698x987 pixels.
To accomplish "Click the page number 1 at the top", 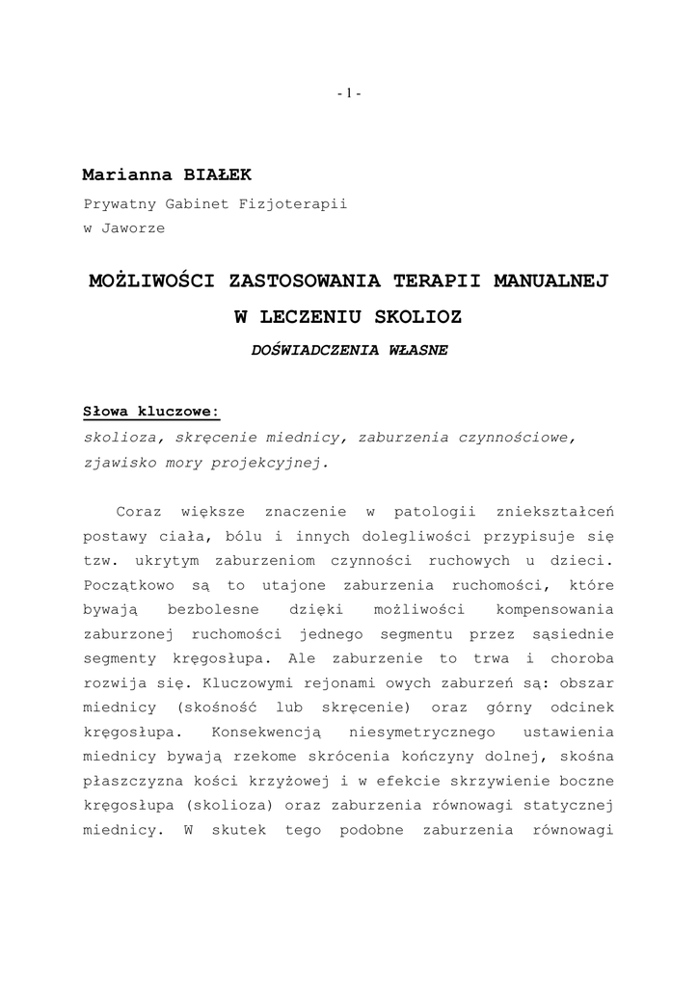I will tap(349, 93).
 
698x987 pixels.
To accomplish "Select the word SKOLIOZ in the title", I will tap(416, 316).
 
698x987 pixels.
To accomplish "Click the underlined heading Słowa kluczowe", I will tap(151, 412).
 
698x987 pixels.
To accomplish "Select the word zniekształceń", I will tap(553, 511).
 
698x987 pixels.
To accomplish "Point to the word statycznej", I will tap(574, 805).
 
